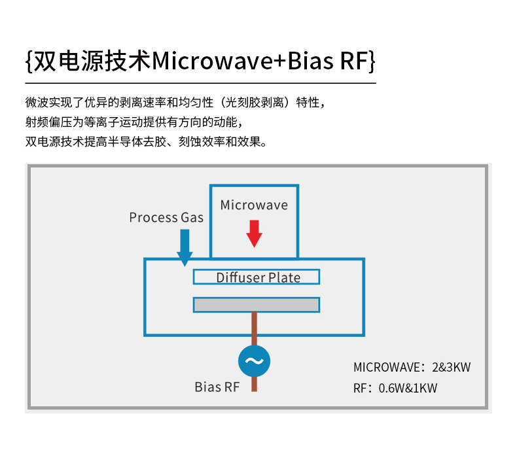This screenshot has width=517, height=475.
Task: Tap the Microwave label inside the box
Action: tap(254, 205)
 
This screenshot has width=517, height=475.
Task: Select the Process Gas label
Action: tap(166, 217)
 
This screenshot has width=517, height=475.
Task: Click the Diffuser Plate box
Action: tap(257, 277)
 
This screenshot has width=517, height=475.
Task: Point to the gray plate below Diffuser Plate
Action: tap(257, 305)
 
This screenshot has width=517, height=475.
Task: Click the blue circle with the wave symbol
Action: tap(254, 361)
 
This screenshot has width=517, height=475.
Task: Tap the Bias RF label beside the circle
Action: tap(217, 387)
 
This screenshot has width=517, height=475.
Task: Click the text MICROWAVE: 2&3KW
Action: tap(412, 367)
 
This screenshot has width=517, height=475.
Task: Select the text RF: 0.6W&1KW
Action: tap(395, 388)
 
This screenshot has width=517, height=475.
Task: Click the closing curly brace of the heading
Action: tap(372, 62)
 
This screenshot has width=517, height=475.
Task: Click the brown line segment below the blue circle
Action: tap(254, 385)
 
